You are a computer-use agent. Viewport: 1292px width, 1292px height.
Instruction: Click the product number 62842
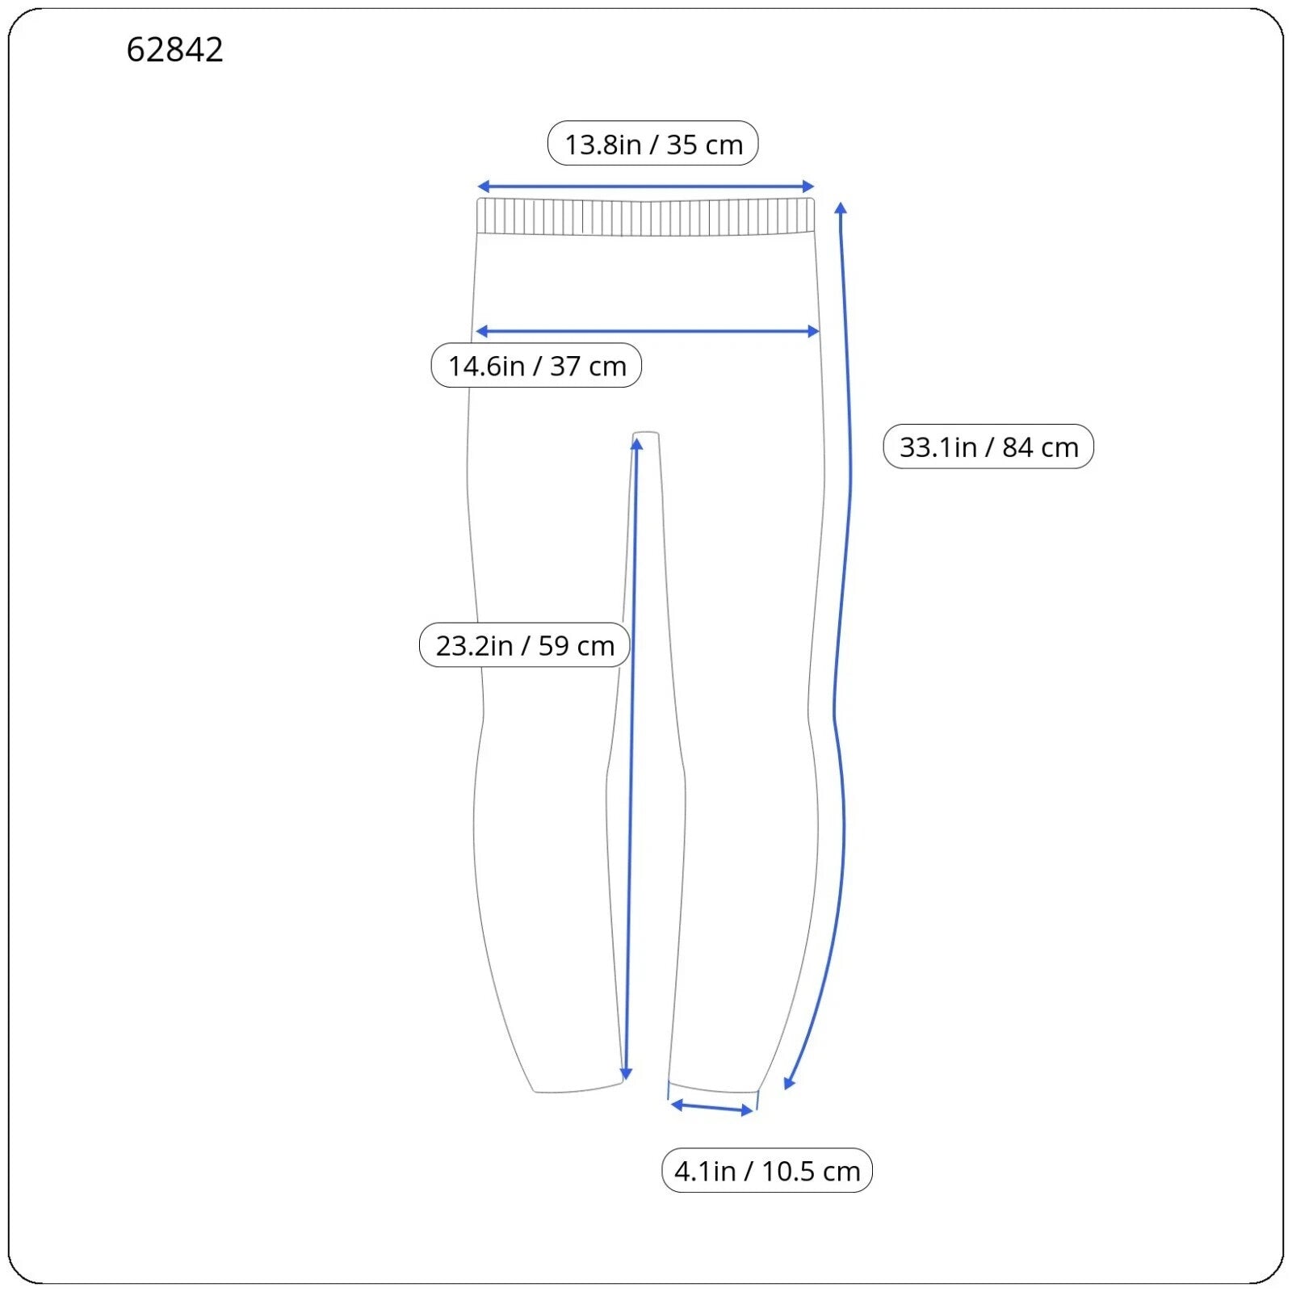click(x=174, y=50)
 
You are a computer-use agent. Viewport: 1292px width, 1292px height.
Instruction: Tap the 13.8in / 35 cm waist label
click(x=653, y=144)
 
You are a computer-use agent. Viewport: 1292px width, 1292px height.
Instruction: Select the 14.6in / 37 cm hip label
click(x=537, y=366)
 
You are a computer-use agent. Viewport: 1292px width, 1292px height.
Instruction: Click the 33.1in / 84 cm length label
click(x=989, y=447)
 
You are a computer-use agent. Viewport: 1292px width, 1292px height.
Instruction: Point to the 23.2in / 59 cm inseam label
click(x=525, y=645)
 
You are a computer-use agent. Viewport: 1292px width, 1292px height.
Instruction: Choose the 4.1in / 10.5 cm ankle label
click(x=767, y=1171)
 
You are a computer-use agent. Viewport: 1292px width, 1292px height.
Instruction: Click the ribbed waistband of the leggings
click(x=646, y=216)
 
